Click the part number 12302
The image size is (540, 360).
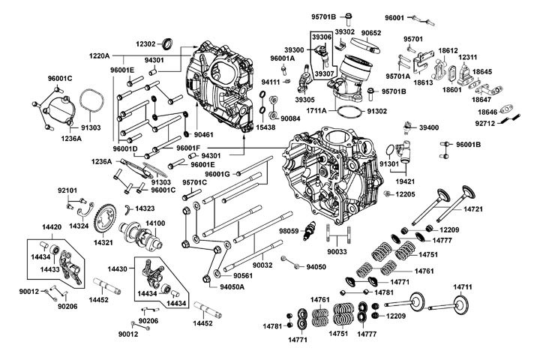146,44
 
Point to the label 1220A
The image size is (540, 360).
100,56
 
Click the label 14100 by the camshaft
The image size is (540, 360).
155,224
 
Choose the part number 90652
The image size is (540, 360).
371,32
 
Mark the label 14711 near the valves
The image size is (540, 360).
463,287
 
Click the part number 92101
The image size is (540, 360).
68,190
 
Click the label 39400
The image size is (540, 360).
430,127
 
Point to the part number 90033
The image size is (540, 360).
338,252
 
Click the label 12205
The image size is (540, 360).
405,194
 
